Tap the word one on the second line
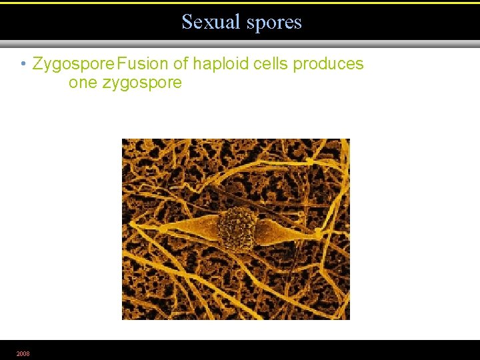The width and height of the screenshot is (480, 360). point(83,83)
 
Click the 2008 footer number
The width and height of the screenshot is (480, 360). point(23,353)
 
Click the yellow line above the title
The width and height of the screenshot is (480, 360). point(240,3)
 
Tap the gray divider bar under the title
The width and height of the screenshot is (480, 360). point(240,44)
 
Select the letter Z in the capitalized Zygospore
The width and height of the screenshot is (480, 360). point(37,64)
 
